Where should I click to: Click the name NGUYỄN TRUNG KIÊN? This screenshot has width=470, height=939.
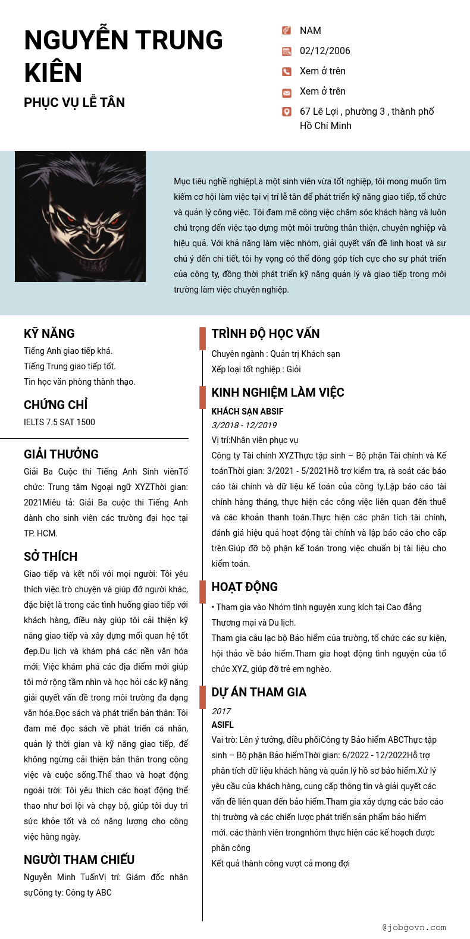coord(123,56)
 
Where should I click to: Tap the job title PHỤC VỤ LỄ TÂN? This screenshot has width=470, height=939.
coord(74,102)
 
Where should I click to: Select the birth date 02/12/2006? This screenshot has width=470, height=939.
coord(325,51)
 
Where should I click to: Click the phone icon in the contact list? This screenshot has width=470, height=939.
coord(287,72)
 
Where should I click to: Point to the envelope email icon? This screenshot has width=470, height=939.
coord(287,92)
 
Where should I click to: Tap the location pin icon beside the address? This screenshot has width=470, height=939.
coord(287,112)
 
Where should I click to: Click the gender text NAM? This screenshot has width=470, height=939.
coord(310,31)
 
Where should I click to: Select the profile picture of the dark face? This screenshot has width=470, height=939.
coord(80,216)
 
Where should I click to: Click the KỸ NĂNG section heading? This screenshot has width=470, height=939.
coord(49,334)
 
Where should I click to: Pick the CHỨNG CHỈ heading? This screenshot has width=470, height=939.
coord(56,405)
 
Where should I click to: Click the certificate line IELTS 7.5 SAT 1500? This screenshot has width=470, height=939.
coord(59,422)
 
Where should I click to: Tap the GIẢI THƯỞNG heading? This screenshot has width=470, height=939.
coord(61,454)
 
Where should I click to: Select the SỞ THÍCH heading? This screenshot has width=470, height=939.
coord(51,557)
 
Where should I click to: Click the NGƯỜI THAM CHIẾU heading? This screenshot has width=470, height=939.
coord(79,860)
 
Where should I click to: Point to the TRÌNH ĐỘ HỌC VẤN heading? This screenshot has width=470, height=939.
coord(265,334)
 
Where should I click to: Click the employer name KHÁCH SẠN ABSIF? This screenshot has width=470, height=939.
coord(247,412)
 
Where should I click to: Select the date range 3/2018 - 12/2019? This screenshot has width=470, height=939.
coord(244,425)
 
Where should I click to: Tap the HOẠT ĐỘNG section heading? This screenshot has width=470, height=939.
coord(245,587)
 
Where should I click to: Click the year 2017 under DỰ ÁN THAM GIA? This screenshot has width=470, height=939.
coord(221,711)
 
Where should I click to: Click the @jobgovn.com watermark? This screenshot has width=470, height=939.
coord(414,927)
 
